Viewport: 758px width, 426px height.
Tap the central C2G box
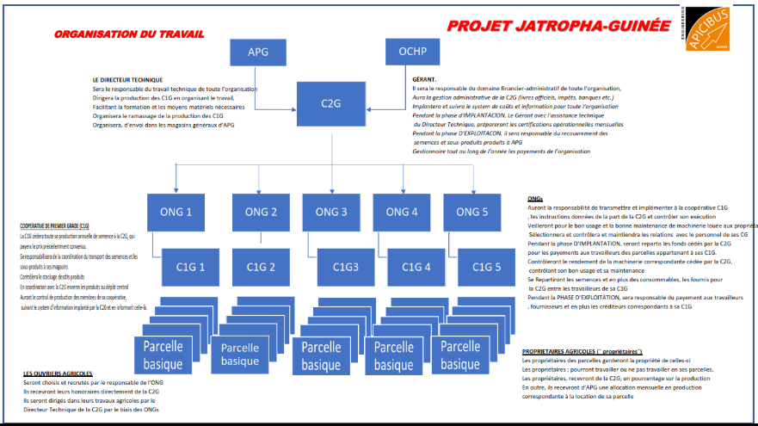(331, 103)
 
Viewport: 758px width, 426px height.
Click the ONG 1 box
(176, 212)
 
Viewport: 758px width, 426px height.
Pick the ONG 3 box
(331, 212)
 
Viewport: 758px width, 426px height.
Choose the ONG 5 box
(472, 212)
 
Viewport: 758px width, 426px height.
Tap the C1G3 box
(345, 266)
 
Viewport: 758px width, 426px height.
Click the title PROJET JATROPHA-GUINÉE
(558, 26)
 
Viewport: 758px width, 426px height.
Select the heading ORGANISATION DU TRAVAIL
(129, 35)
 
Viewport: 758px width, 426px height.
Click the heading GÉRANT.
(426, 79)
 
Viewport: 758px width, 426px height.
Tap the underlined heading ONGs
(534, 199)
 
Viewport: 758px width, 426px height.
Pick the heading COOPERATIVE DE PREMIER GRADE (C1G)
(54, 226)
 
